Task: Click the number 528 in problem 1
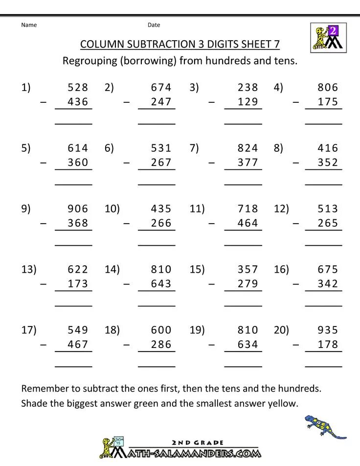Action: pos(78,88)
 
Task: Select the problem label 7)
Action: pos(194,148)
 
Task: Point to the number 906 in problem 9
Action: pos(78,209)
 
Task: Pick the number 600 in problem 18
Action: pos(161,330)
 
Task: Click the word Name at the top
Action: pos(29,25)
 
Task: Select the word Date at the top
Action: pos(154,25)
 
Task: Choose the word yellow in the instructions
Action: pos(282,404)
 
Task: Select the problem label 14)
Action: pos(112,270)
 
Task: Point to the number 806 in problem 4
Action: pos(327,88)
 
